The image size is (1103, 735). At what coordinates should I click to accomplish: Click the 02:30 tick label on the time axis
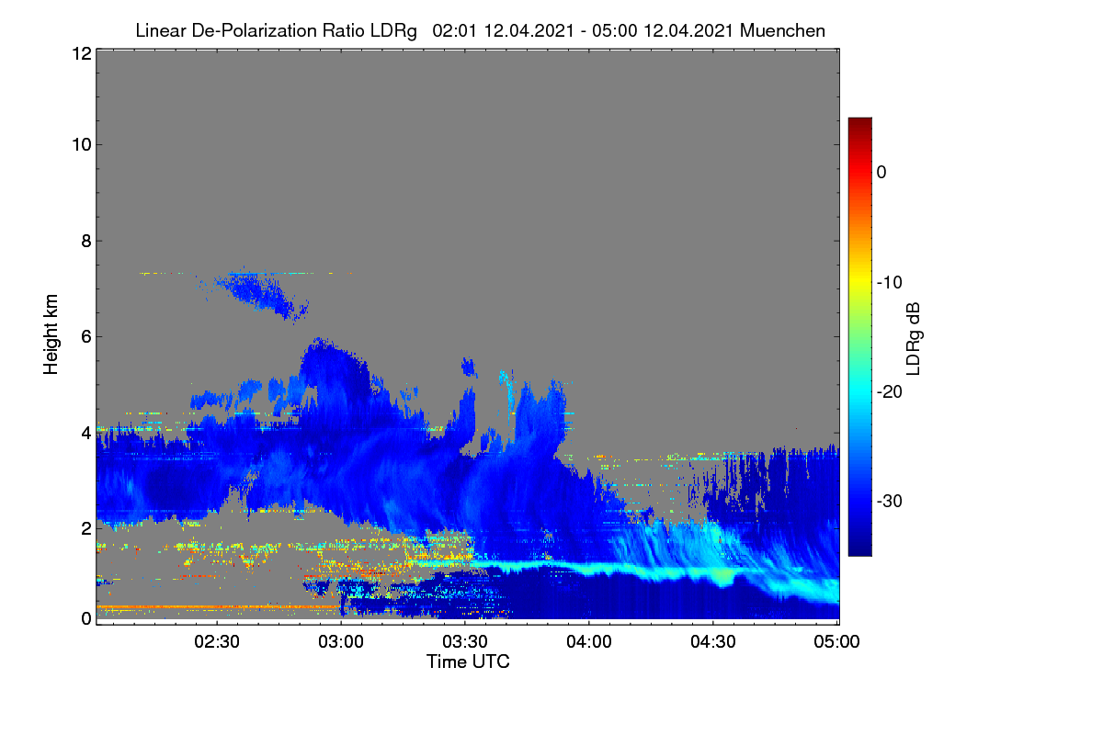click(217, 641)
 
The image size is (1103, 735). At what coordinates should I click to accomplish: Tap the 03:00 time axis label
click(341, 641)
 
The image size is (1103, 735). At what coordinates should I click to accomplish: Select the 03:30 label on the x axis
click(465, 641)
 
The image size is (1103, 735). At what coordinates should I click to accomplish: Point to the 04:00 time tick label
click(589, 641)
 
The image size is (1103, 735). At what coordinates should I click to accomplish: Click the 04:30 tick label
click(713, 641)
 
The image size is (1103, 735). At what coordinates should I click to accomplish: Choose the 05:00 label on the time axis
click(836, 641)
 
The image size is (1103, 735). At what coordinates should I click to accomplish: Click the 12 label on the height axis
click(82, 53)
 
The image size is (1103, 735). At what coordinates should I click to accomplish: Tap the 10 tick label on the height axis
click(82, 145)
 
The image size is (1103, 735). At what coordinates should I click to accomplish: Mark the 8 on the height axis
click(86, 241)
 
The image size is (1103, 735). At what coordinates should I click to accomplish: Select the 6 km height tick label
click(86, 337)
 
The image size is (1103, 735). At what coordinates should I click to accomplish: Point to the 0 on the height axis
click(86, 618)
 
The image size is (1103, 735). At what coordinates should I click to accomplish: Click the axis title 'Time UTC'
click(468, 661)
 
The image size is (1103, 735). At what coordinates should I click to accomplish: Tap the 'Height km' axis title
click(51, 334)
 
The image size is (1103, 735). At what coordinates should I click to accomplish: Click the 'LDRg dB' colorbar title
click(914, 339)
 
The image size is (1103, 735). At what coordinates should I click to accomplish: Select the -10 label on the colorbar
click(890, 283)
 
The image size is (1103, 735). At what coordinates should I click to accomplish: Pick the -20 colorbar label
click(890, 392)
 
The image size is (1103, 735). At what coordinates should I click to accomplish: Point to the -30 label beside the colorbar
click(890, 501)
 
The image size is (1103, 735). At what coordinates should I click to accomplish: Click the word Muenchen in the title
click(782, 30)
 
